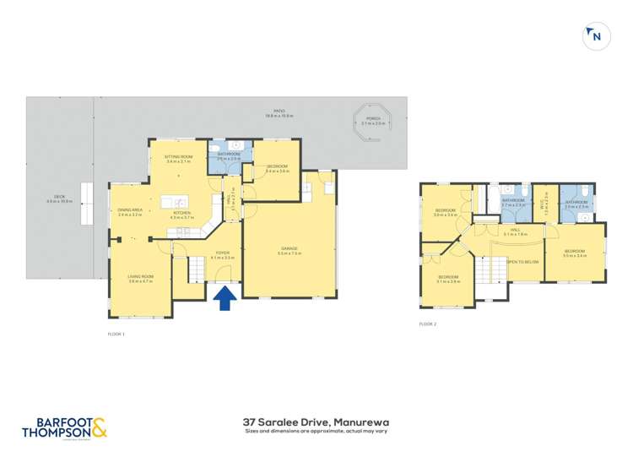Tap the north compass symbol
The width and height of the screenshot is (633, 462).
point(596,36)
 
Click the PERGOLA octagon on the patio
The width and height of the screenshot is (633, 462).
point(372,122)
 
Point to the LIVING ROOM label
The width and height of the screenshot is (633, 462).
point(140,280)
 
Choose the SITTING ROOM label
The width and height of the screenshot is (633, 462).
point(180,158)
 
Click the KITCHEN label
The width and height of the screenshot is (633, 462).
point(182,215)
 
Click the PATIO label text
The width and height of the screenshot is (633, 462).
point(279,112)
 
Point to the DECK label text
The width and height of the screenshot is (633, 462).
point(59,200)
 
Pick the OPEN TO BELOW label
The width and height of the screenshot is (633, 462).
point(523,262)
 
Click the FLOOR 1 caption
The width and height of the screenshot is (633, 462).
point(116,334)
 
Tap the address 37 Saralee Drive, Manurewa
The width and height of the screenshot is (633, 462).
point(316,421)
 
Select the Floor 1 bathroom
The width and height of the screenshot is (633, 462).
point(230,155)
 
